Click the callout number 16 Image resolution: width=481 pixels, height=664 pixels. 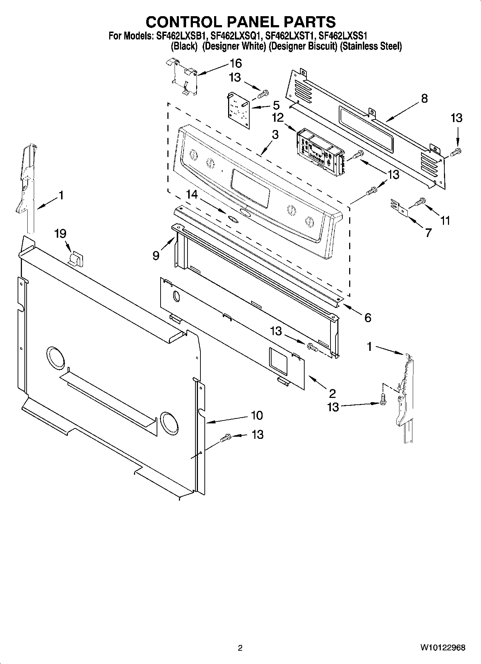point(236,64)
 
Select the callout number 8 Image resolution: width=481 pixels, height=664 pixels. point(424,98)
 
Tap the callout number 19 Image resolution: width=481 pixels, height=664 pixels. point(60,234)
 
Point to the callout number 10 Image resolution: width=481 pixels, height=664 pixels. point(257,415)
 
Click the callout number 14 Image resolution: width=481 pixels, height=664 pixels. point(192,194)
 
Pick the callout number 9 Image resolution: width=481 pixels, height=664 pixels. point(156,255)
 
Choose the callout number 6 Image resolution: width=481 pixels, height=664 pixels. point(368,317)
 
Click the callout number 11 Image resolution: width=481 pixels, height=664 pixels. point(445,220)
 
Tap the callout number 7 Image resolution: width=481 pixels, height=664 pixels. point(428,233)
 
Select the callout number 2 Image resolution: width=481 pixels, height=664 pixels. point(332,393)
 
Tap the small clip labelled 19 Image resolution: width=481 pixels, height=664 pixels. point(77,258)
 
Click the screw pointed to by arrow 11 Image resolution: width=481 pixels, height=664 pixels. point(419,202)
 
